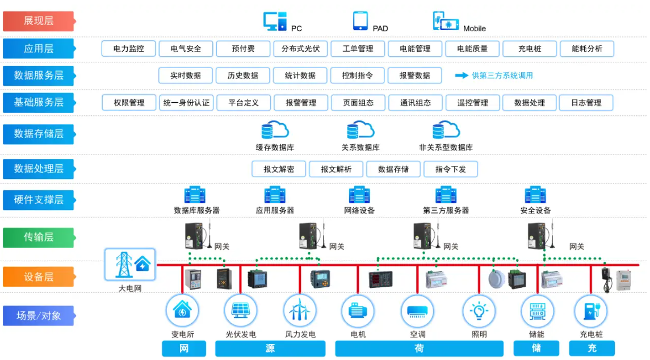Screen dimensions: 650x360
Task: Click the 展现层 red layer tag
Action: (x=39, y=21)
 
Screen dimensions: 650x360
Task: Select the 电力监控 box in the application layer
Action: (x=128, y=48)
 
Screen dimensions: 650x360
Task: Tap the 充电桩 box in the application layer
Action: (x=530, y=48)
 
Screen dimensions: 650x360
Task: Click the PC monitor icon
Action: (x=275, y=21)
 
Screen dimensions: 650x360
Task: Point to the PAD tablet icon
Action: (x=360, y=21)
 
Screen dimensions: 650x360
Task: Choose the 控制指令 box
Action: (x=357, y=76)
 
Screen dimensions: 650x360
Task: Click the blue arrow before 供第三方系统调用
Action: (x=462, y=76)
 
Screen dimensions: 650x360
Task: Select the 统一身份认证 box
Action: (x=186, y=102)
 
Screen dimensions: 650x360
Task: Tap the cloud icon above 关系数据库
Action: (x=360, y=130)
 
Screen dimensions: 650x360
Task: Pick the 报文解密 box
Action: (x=279, y=169)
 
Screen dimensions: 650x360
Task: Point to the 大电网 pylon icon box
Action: (x=130, y=264)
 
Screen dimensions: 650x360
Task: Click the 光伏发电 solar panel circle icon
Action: (x=241, y=311)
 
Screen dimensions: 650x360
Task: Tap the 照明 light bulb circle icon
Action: (x=479, y=311)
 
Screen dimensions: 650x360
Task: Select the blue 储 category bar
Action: (x=536, y=349)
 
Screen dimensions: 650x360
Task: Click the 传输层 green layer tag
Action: (x=39, y=237)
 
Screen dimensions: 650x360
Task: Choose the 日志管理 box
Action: (x=586, y=102)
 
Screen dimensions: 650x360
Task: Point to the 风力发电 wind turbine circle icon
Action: (x=300, y=311)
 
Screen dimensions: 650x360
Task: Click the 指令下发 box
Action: (x=451, y=169)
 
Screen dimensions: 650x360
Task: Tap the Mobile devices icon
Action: (x=446, y=21)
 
